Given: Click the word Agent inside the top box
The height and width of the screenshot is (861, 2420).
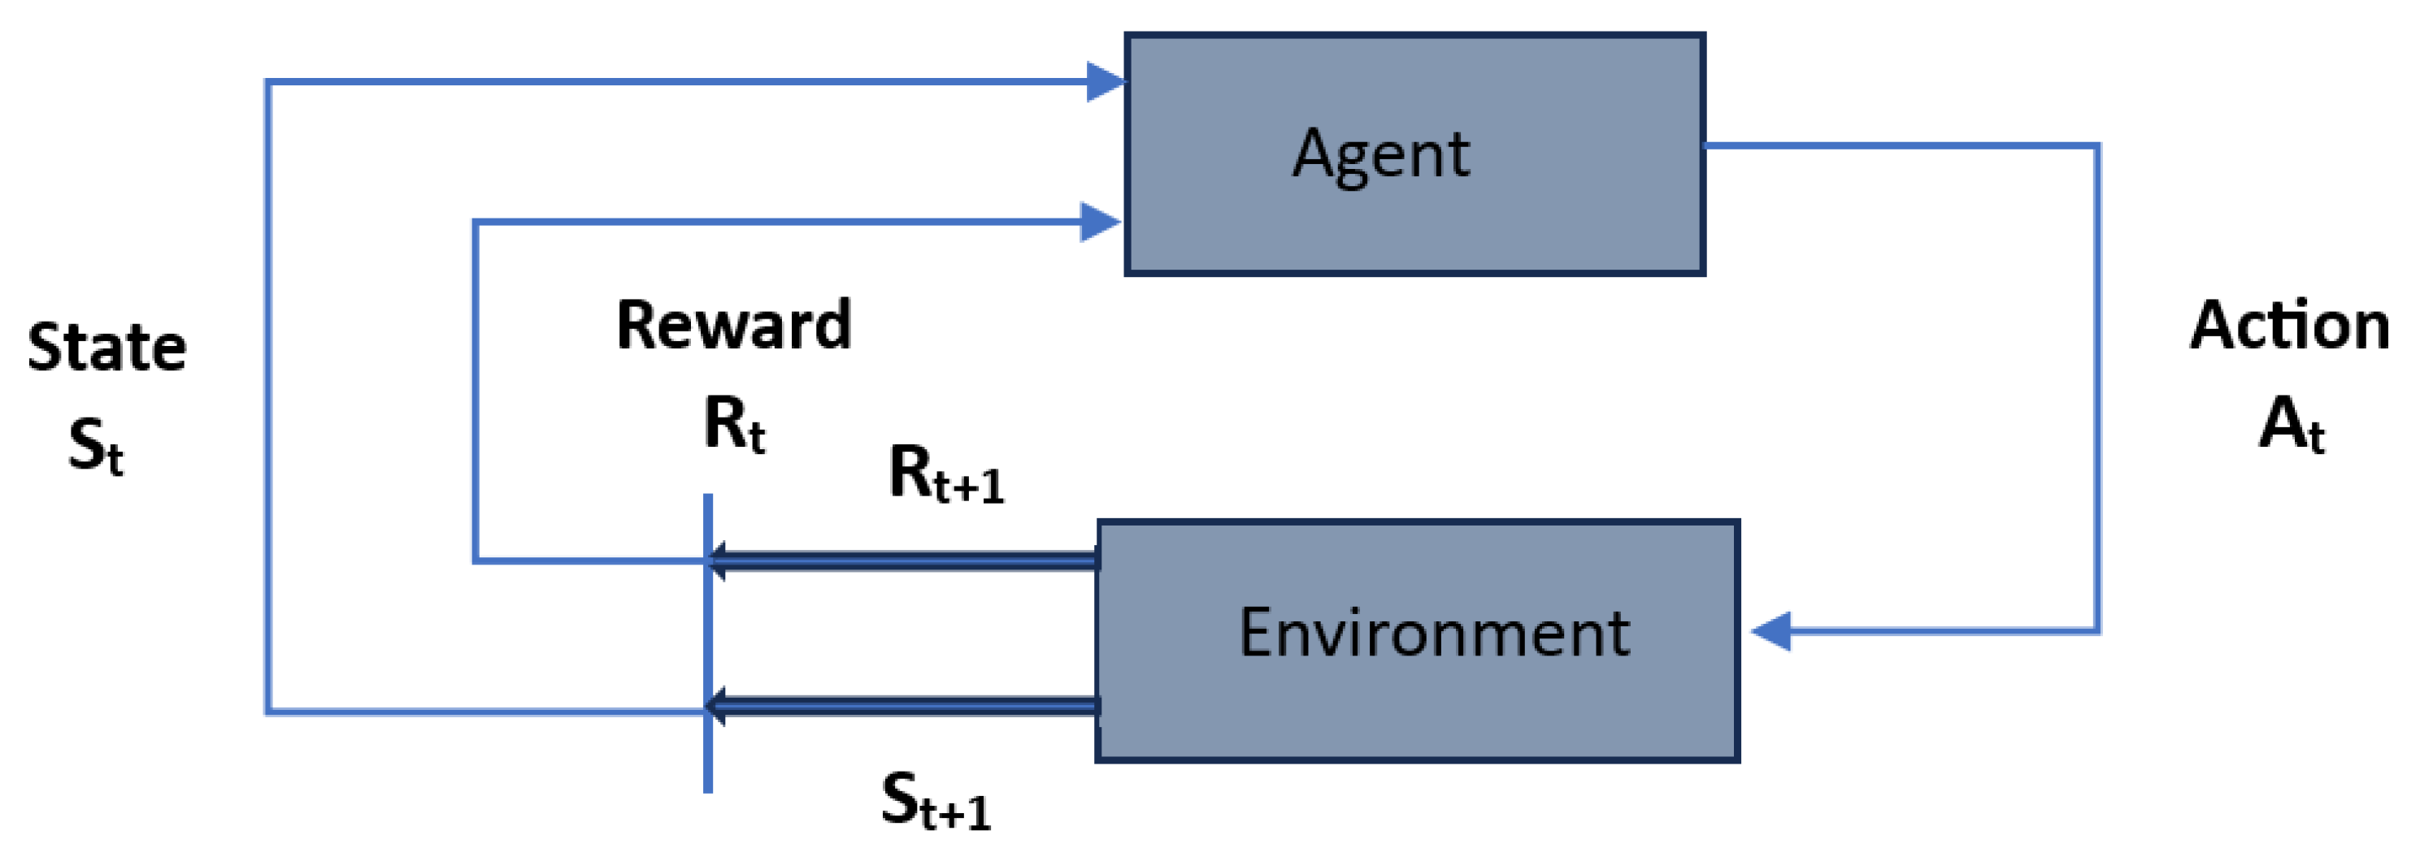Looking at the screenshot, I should (x=1380, y=155).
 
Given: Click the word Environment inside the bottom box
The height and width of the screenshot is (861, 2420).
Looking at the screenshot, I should (x=1434, y=633).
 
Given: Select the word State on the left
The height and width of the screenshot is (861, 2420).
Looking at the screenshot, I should (x=106, y=348).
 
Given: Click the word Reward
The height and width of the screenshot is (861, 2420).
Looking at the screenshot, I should (x=734, y=326).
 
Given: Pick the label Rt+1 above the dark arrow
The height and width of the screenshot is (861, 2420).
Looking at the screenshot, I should (x=945, y=475).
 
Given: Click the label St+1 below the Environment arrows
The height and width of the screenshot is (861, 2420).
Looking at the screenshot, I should (x=936, y=801).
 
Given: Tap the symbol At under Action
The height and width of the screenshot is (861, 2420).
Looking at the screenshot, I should (x=2292, y=424).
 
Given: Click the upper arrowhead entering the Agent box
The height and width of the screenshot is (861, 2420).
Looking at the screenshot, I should (x=1105, y=82).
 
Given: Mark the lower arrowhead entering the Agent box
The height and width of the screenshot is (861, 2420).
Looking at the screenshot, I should (x=1099, y=223).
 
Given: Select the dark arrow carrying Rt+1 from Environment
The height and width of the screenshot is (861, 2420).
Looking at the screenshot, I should (x=902, y=561).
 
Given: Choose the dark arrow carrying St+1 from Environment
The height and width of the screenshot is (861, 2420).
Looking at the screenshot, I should (x=902, y=706).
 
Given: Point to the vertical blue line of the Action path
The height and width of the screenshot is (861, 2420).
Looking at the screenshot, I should (x=2096, y=394).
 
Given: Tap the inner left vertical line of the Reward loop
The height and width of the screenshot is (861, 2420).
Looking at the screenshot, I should (x=476, y=394).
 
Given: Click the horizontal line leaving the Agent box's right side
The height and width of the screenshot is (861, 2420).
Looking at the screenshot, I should (x=1897, y=145).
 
